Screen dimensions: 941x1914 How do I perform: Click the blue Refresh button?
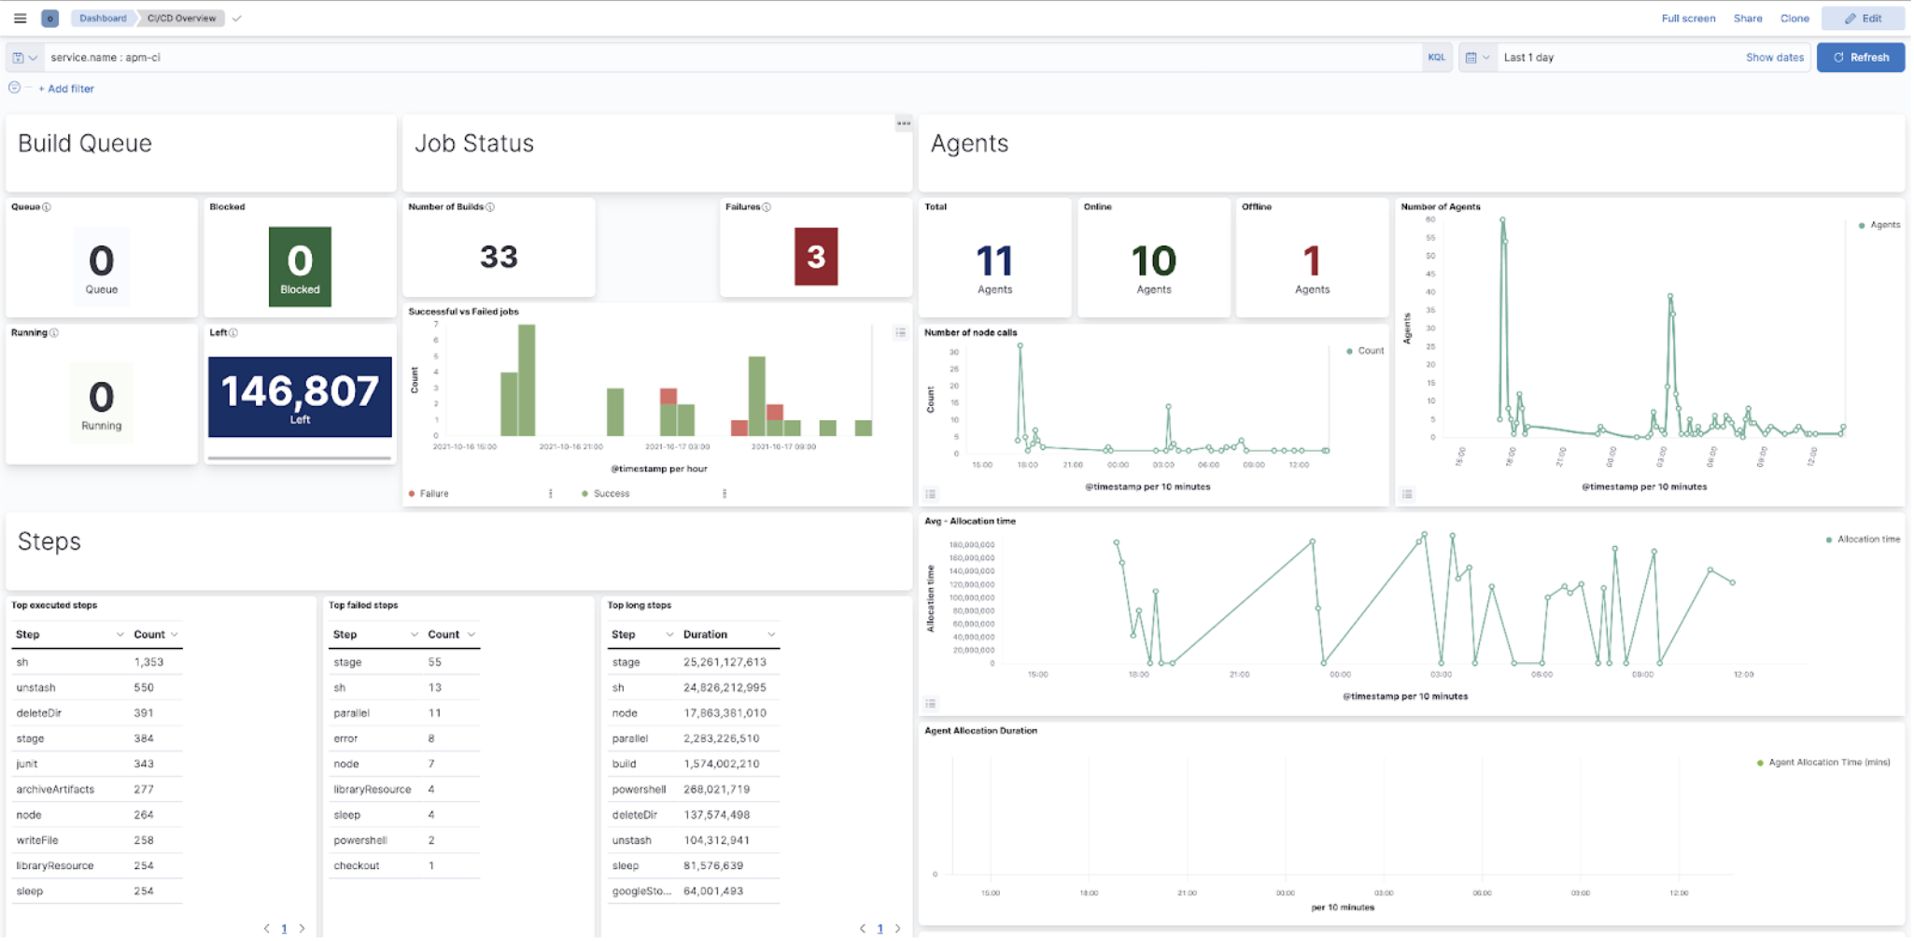pyautogui.click(x=1860, y=57)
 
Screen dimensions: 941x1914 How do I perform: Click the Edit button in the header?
pyautogui.click(x=1863, y=18)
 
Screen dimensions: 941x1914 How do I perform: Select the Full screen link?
pyautogui.click(x=1688, y=18)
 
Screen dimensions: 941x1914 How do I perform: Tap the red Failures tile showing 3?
pyautogui.click(x=815, y=257)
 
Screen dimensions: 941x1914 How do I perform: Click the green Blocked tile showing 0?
pyautogui.click(x=300, y=266)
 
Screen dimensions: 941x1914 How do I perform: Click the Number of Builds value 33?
pyautogui.click(x=499, y=257)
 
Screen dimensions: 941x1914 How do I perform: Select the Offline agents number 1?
pyautogui.click(x=1311, y=261)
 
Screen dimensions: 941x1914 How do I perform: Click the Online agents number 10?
pyautogui.click(x=1153, y=261)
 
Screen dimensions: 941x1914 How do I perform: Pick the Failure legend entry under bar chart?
pyautogui.click(x=433, y=494)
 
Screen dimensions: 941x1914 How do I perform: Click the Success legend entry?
pyautogui.click(x=611, y=494)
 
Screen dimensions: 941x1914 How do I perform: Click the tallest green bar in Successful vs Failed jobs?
pyautogui.click(x=527, y=380)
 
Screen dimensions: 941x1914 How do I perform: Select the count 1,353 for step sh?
pyautogui.click(x=148, y=662)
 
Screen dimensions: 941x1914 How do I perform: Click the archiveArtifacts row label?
pyautogui.click(x=55, y=790)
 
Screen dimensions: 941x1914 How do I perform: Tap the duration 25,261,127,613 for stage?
pyautogui.click(x=725, y=662)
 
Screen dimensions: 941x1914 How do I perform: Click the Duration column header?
pyautogui.click(x=705, y=635)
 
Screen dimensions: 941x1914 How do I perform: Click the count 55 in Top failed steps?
pyautogui.click(x=434, y=662)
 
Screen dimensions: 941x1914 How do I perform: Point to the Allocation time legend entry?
pyautogui.click(x=1867, y=540)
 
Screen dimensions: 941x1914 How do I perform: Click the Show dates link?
pyautogui.click(x=1774, y=57)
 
